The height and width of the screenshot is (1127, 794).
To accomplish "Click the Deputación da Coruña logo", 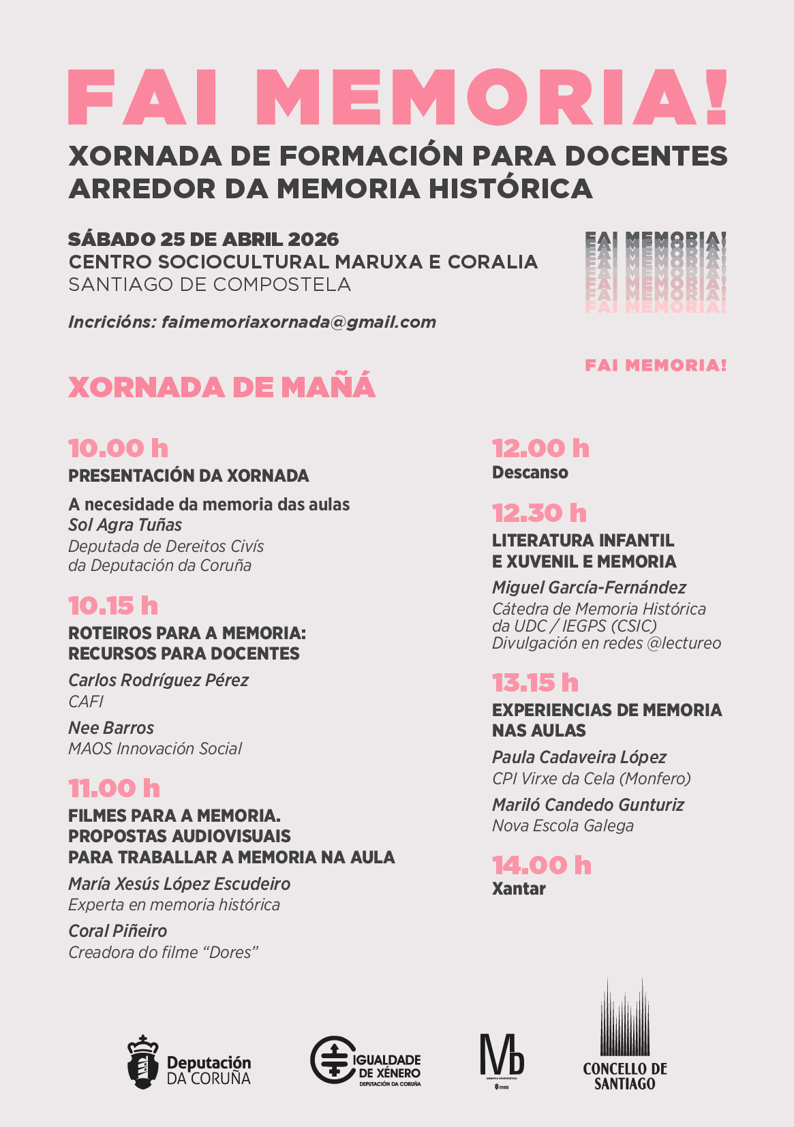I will [189, 1063].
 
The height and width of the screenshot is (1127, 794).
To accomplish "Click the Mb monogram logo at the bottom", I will [502, 1056].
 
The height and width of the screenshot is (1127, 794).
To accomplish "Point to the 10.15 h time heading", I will [113, 606].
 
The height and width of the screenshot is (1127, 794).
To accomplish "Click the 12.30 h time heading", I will [539, 512].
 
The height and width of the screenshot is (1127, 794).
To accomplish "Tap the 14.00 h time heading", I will [542, 865].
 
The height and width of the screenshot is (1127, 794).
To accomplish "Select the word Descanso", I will [530, 472].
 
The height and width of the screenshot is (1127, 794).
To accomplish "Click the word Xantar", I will [519, 889].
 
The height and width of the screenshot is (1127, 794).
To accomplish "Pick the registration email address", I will [299, 322].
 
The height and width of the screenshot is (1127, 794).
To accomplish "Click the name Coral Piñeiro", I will [117, 931].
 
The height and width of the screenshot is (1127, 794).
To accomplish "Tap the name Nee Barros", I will [111, 728].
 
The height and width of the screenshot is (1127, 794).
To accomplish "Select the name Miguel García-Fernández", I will [589, 587].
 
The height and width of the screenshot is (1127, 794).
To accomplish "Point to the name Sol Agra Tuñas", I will [125, 525].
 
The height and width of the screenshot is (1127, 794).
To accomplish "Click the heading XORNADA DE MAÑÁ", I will [222, 387].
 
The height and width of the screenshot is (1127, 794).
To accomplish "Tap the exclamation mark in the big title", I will [716, 97].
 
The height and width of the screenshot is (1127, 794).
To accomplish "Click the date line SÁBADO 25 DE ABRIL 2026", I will [203, 239].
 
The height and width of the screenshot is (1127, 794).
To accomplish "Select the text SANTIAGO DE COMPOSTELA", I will [209, 284].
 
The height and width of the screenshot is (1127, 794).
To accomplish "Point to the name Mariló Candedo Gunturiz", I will [587, 805].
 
